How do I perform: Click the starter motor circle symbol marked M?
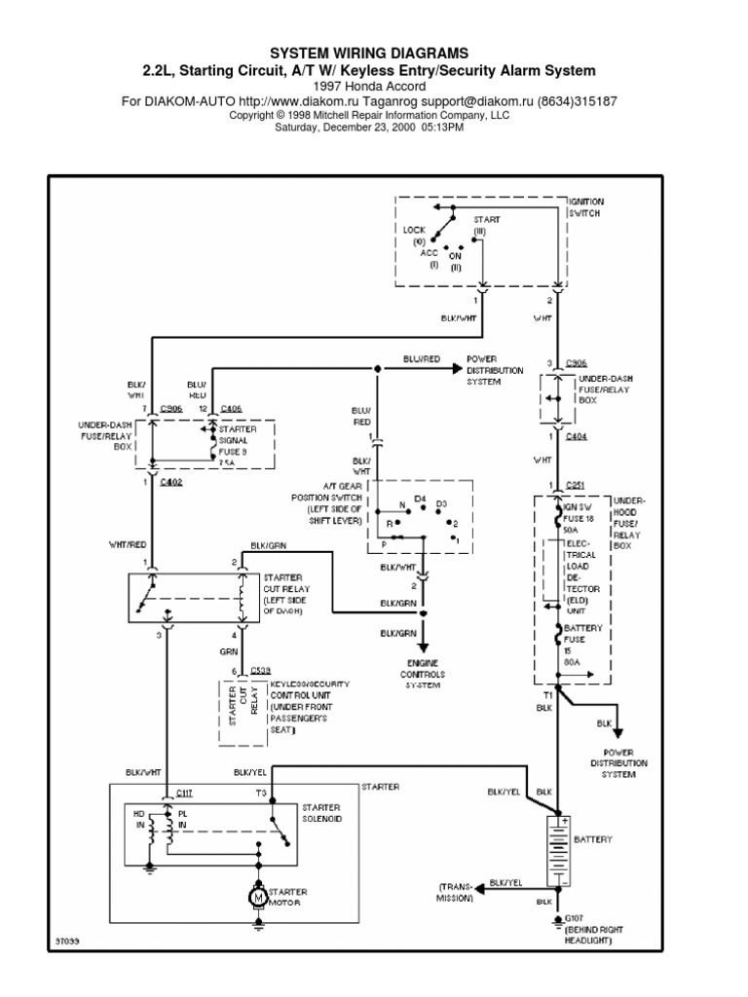coord(258,895)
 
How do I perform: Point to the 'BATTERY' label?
coord(595,838)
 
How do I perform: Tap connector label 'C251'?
coord(576,484)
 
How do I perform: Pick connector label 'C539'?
coord(260,671)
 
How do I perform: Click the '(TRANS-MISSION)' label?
coord(455,892)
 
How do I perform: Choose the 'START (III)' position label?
coord(487,225)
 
